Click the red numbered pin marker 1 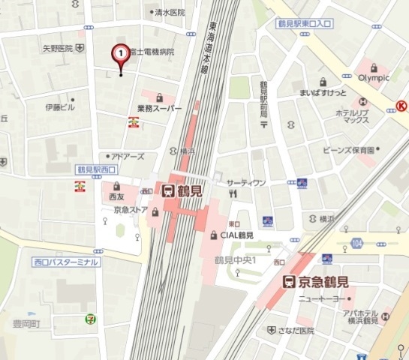coord(120,54)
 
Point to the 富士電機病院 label coord(152,52)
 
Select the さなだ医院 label coord(291,330)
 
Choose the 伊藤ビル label coord(60,107)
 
